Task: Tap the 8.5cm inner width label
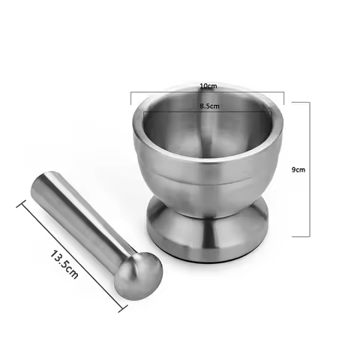click(209, 106)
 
